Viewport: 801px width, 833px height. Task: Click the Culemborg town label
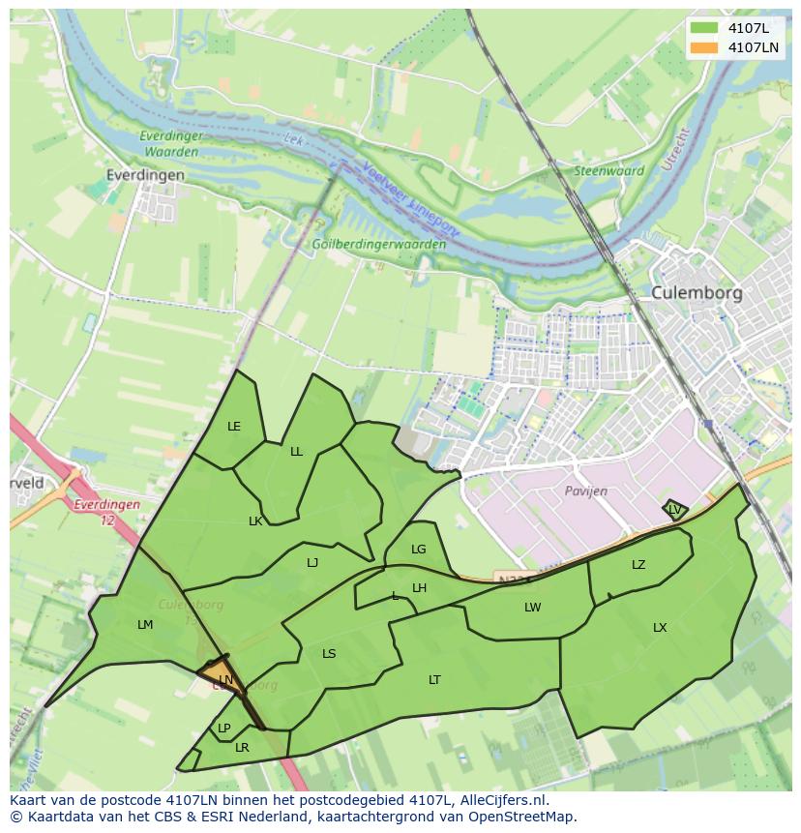pyautogui.click(x=696, y=292)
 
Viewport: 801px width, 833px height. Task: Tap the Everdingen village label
pyautogui.click(x=145, y=175)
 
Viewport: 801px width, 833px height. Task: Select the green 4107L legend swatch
pyautogui.click(x=705, y=28)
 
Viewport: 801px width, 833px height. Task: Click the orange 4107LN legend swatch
pyautogui.click(x=705, y=46)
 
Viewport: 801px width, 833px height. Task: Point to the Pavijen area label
pyautogui.click(x=586, y=491)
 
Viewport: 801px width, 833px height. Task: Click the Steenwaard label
pyautogui.click(x=609, y=171)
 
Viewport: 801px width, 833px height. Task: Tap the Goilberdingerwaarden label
pyautogui.click(x=378, y=245)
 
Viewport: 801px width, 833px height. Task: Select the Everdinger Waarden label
pyautogui.click(x=170, y=144)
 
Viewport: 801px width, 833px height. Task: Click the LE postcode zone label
pyautogui.click(x=233, y=427)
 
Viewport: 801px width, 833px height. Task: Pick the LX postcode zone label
pyautogui.click(x=660, y=628)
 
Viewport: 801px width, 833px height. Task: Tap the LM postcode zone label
pyautogui.click(x=145, y=625)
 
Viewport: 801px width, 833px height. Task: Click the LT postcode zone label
pyautogui.click(x=434, y=680)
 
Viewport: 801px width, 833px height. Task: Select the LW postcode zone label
pyautogui.click(x=532, y=608)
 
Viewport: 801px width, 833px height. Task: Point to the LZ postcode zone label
pyautogui.click(x=638, y=565)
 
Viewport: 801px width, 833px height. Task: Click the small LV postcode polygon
pyautogui.click(x=674, y=509)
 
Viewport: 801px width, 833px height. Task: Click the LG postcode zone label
pyautogui.click(x=418, y=550)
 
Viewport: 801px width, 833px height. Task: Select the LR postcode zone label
pyautogui.click(x=242, y=748)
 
